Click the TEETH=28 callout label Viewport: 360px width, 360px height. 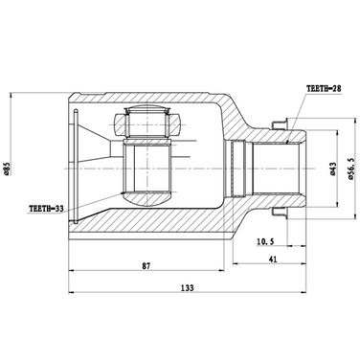(324, 88)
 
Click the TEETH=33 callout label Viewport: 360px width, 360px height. (46, 209)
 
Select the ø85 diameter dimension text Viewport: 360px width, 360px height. (9, 169)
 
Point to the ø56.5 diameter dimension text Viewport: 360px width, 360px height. (351, 169)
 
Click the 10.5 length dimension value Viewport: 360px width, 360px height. (265, 241)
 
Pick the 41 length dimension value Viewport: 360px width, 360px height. (273, 259)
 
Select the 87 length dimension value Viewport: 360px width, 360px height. (146, 265)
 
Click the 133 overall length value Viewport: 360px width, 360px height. (188, 287)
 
